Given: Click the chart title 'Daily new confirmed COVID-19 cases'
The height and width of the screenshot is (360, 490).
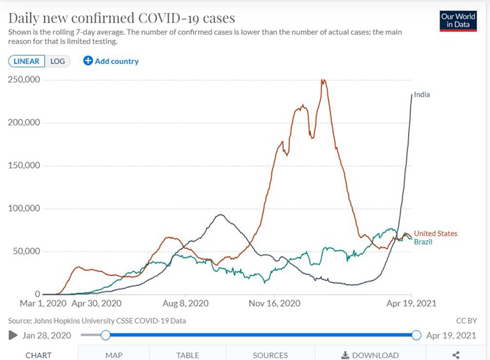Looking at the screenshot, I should pyautogui.click(x=121, y=17).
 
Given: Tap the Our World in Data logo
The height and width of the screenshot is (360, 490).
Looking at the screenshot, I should pyautogui.click(x=458, y=20).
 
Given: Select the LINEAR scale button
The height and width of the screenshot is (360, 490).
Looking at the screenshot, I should pyautogui.click(x=27, y=61).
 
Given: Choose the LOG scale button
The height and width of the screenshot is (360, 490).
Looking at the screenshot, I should pyautogui.click(x=57, y=61).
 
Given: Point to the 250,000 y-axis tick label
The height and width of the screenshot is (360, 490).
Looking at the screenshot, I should pyautogui.click(x=23, y=80).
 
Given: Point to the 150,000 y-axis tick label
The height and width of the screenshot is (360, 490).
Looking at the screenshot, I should pyautogui.click(x=23, y=166).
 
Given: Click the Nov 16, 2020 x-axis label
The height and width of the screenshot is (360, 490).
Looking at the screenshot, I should pyautogui.click(x=274, y=304).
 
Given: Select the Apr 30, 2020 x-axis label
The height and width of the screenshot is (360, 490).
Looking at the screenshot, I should pyautogui.click(x=97, y=304).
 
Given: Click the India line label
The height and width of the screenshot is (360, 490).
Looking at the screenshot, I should pyautogui.click(x=422, y=94).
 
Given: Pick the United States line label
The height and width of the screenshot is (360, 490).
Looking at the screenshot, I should pyautogui.click(x=435, y=233).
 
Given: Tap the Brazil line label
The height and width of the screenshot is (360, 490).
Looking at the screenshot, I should pyautogui.click(x=423, y=242).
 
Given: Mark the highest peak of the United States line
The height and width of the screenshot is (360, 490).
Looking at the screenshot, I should pyautogui.click(x=323, y=81).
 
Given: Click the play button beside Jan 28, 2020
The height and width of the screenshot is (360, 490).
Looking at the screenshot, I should pyautogui.click(x=13, y=335).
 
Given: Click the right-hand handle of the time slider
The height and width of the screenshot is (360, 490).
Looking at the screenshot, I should pyautogui.click(x=416, y=335).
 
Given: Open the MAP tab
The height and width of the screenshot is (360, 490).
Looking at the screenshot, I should pyautogui.click(x=113, y=355).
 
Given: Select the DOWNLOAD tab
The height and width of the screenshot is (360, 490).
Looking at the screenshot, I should pyautogui.click(x=370, y=355).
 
